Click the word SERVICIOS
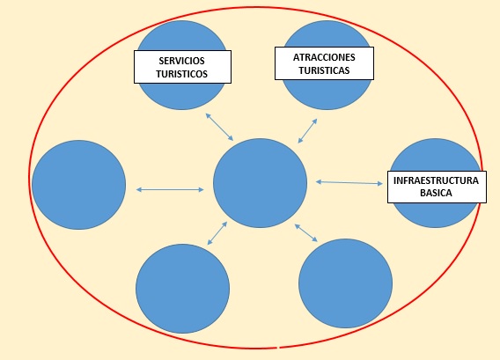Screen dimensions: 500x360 pos(181,61)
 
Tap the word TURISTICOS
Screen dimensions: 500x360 pos(181,74)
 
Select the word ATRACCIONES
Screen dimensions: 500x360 pos(324,57)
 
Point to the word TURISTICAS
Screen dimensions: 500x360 pos(324,70)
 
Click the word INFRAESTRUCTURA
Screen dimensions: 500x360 pos(436,180)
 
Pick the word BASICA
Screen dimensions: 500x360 pos(436,193)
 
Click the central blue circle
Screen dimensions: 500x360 pos(260,183)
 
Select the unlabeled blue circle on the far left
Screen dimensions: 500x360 pos(78,185)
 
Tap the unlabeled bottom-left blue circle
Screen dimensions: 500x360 pos(182,289)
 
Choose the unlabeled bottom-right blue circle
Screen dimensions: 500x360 pos(345,283)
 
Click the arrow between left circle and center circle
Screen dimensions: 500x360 pos(170,190)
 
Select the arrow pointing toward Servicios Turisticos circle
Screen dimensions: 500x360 pos(219,127)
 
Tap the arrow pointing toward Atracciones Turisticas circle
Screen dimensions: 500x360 pos(308,131)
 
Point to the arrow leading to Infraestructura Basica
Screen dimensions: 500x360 pos(349,183)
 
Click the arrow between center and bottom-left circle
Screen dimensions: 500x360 pos(217,233)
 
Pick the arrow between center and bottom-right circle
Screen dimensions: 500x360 pos(306,232)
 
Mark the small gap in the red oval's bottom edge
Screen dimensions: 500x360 pos(278,348)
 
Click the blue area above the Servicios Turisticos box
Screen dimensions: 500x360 pos(181,36)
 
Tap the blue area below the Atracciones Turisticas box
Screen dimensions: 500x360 pos(327,94)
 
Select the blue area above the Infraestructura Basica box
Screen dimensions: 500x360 pos(435,155)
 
